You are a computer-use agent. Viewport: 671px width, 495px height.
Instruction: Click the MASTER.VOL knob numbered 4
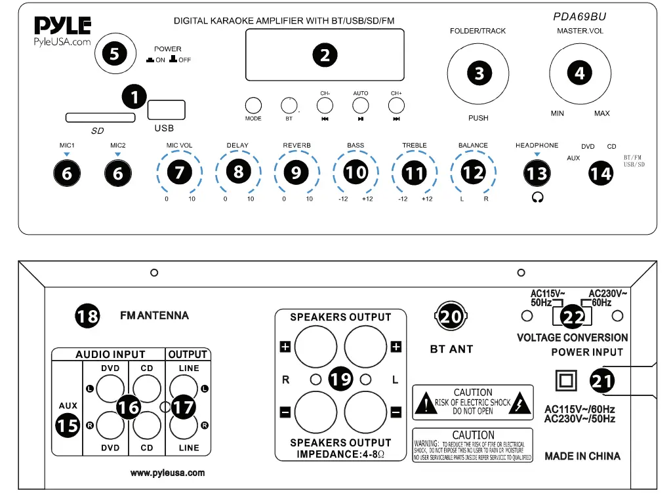coord(579,73)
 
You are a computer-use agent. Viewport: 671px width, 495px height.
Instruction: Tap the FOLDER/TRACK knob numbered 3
coord(479,73)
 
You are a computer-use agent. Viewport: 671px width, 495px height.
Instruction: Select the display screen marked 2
coord(325,55)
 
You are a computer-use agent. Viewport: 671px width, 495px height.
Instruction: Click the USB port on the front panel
coord(167,109)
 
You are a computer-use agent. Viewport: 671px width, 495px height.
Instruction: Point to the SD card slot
coord(100,117)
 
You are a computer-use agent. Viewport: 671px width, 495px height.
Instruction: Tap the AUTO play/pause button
coord(361,106)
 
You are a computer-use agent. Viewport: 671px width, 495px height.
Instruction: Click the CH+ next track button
coord(396,106)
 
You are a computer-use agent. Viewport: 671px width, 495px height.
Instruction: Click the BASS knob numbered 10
coord(356,172)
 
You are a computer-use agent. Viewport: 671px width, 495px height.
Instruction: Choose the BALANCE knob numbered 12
coord(473,172)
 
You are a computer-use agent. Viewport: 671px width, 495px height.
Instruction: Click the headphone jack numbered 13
coord(537,173)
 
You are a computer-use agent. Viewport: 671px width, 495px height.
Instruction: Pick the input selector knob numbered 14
coord(600,173)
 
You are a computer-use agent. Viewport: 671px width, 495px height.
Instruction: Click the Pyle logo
coord(62,26)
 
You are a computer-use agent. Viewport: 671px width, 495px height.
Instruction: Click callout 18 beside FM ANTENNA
coord(87,316)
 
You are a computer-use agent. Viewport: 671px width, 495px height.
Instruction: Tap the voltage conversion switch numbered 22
coord(572,316)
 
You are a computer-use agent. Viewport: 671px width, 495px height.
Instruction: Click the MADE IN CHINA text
coord(582,456)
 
